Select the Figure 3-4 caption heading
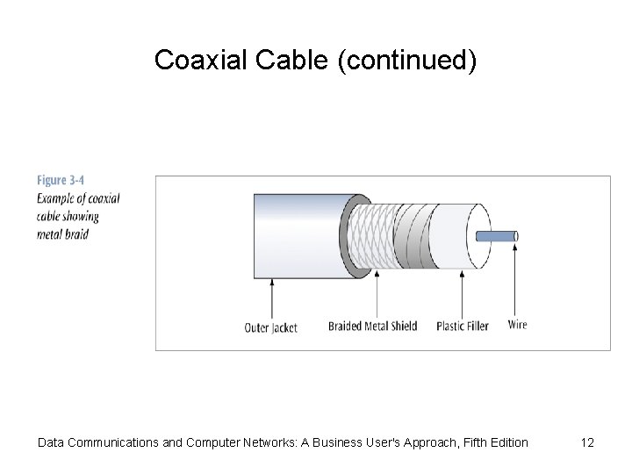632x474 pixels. (66, 180)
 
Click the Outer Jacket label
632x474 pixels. (270, 327)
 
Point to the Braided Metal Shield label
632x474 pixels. (372, 327)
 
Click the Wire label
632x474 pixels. (517, 325)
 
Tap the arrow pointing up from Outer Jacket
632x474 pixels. (271, 298)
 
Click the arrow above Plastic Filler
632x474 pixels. (462, 295)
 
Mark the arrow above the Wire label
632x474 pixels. (515, 281)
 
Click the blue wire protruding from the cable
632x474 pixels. (496, 236)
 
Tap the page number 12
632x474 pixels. (587, 442)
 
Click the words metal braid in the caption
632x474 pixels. (62, 234)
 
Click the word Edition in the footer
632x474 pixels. (506, 442)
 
